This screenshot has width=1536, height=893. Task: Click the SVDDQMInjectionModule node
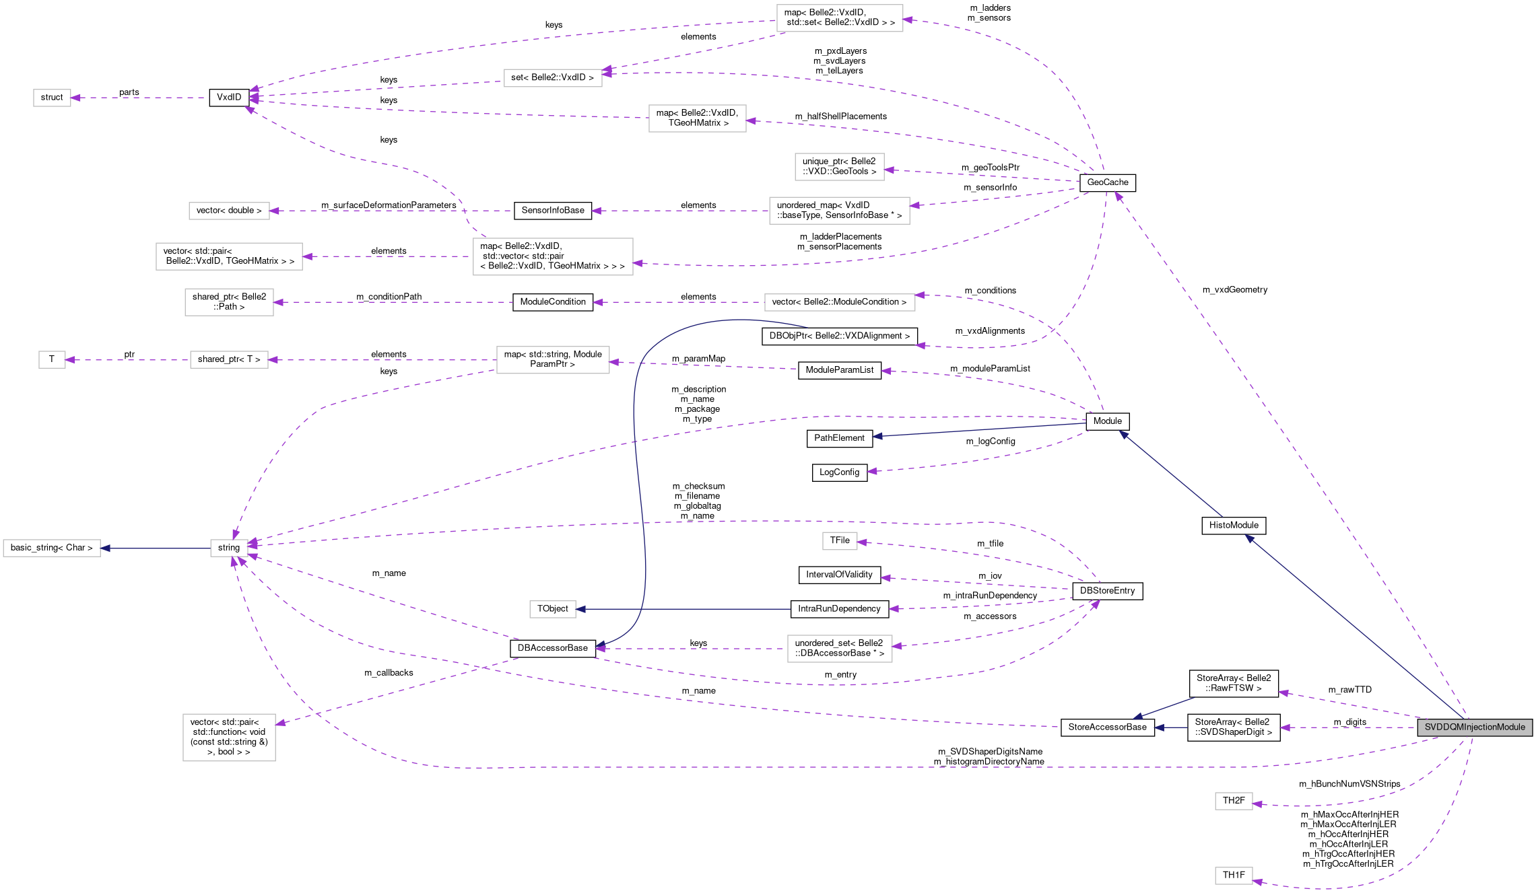pyautogui.click(x=1475, y=727)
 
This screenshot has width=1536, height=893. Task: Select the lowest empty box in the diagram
pyautogui.click(x=1234, y=876)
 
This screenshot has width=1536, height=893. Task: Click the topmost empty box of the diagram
pyautogui.click(x=840, y=18)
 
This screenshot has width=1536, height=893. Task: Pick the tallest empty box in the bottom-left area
pyautogui.click(x=229, y=738)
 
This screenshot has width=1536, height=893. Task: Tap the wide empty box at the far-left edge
pyautogui.click(x=52, y=548)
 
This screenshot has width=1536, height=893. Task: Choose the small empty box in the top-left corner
pyautogui.click(x=52, y=98)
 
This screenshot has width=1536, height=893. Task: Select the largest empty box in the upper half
pyautogui.click(x=553, y=256)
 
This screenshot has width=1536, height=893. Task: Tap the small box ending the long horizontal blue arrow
pyautogui.click(x=553, y=609)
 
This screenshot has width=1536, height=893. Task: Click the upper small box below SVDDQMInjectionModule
pyautogui.click(x=1234, y=801)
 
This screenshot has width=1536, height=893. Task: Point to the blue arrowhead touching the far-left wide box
pyautogui.click(x=105, y=548)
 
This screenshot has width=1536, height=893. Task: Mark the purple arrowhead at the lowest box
pyautogui.click(x=1257, y=882)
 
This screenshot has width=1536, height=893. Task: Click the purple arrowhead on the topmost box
pyautogui.click(x=908, y=20)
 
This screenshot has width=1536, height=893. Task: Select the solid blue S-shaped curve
pyautogui.click(x=637, y=471)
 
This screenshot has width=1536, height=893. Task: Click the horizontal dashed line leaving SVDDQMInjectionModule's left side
pyautogui.click(x=1347, y=727)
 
